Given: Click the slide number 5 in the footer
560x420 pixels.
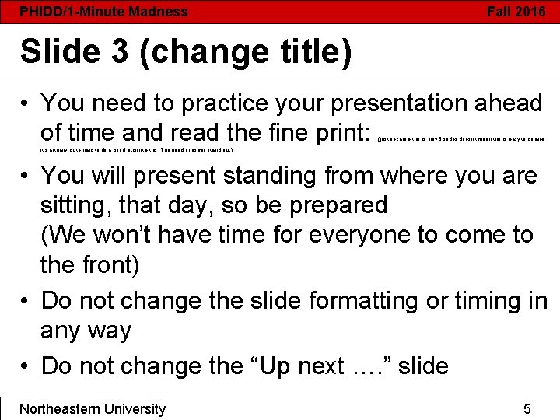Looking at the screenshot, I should [527, 409].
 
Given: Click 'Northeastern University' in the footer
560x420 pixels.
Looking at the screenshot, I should [93, 409].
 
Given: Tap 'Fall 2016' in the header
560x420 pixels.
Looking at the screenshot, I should [516, 12].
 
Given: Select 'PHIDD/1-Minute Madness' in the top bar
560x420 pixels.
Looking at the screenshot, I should [103, 12].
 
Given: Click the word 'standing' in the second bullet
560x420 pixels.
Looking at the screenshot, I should [268, 175].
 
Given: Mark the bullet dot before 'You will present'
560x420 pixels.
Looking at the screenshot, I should [26, 176].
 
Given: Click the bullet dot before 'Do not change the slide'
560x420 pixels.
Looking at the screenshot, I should [26, 301].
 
